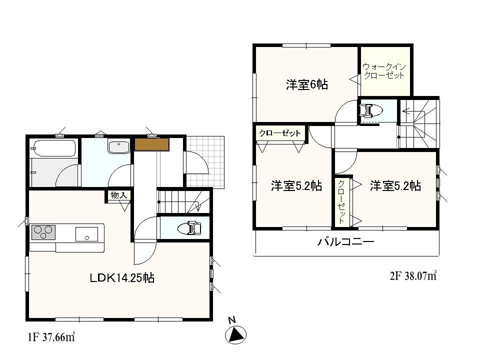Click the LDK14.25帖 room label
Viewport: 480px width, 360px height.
[122, 278]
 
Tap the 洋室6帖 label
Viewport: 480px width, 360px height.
[306, 84]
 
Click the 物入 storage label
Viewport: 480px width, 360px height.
[118, 195]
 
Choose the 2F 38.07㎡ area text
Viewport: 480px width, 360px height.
[413, 275]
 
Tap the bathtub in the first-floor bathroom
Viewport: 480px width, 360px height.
[53, 148]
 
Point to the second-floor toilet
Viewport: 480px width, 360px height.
[370, 110]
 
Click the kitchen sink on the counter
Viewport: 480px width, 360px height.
[86, 233]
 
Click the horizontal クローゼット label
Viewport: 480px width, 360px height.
[280, 133]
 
